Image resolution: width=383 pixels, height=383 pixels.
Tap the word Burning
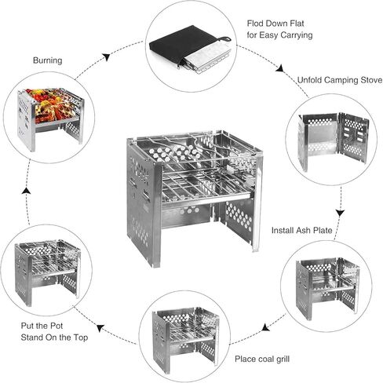pos(49,60)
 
